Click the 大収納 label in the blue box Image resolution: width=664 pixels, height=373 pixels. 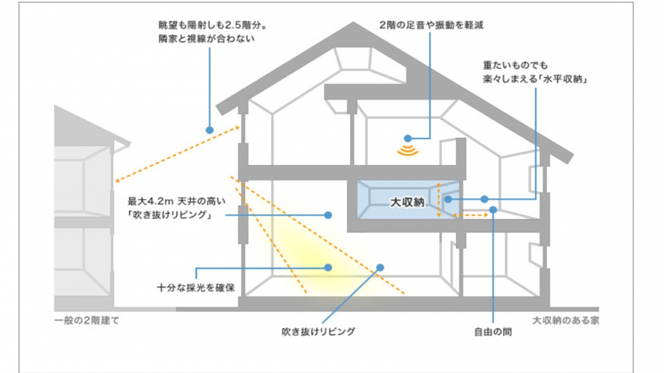coord(406,200)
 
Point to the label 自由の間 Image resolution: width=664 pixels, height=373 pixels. coord(493,331)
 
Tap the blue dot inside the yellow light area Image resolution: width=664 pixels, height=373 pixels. coord(328,267)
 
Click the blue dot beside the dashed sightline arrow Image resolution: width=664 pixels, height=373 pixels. coord(210,130)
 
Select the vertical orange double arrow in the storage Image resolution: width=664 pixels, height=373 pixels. coord(439,200)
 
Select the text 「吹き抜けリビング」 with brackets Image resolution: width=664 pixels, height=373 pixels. coord(172,214)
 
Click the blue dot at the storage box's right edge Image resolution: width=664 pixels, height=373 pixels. coord(449,198)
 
